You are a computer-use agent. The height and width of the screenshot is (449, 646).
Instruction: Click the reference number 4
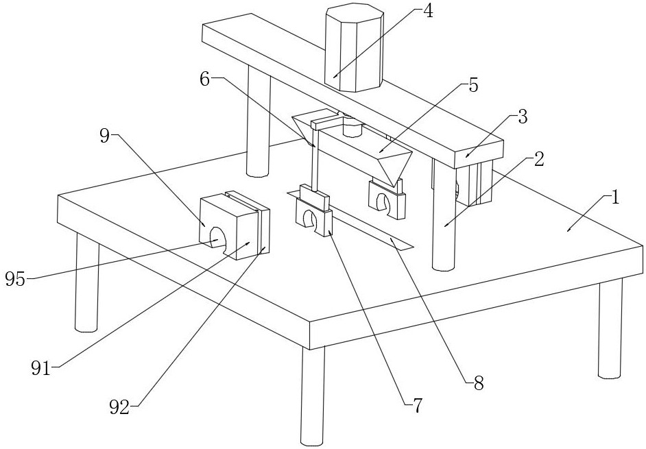click(x=427, y=12)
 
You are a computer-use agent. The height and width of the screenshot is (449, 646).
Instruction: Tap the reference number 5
click(x=473, y=86)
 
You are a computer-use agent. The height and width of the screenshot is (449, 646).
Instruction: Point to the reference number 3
click(x=523, y=117)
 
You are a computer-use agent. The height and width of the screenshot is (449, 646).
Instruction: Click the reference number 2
click(x=540, y=160)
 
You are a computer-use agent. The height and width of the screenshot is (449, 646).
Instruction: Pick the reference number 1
click(x=615, y=198)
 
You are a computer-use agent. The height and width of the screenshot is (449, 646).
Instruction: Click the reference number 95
click(x=15, y=279)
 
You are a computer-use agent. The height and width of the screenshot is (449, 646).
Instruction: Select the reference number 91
click(x=41, y=368)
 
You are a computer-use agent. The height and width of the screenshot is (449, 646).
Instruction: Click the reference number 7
click(x=418, y=406)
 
